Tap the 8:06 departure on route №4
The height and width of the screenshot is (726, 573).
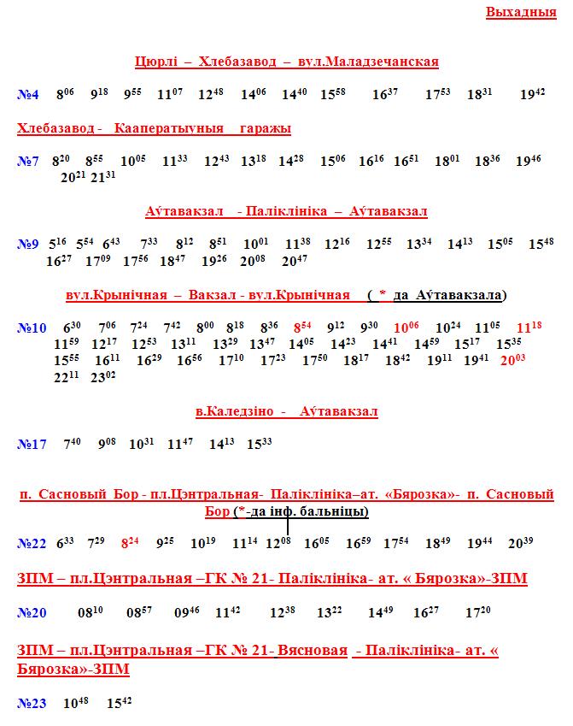coord(65,95)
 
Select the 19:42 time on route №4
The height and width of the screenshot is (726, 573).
coord(532,95)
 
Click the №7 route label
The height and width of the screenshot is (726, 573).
coord(28,161)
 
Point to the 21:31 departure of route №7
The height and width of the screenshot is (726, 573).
coord(102,177)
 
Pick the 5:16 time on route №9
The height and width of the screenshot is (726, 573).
coord(58,244)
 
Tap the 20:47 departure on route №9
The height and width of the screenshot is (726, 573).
coord(295,260)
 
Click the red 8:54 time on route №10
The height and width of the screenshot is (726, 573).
coord(303,327)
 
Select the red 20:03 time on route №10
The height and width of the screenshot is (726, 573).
coord(512,360)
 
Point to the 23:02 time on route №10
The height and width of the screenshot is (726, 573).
coord(102,376)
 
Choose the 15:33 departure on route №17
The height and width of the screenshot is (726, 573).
coord(260,444)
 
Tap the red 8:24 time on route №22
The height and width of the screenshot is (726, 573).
coord(130,542)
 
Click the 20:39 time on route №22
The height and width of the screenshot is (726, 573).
coord(521,542)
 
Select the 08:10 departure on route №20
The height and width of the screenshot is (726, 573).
coord(90,612)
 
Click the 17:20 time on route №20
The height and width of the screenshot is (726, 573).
coord(478,612)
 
